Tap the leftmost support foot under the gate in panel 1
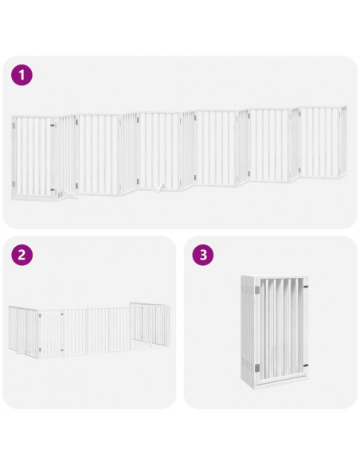click(x=69, y=193)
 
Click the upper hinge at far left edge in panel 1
click(x=14, y=124)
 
